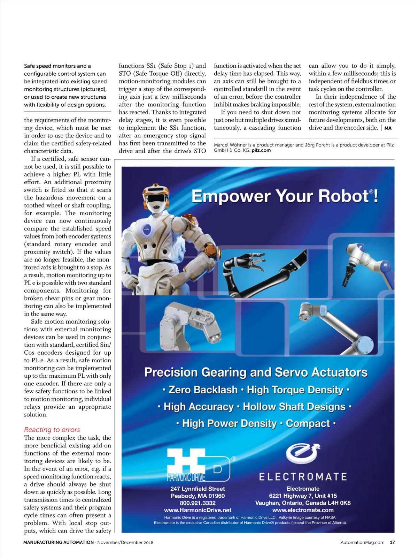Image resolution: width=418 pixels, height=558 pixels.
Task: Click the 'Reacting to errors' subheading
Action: [x=52, y=430]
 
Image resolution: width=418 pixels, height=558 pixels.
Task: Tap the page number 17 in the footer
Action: [x=392, y=542]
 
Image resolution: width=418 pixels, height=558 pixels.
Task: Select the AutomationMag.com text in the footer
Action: [x=362, y=542]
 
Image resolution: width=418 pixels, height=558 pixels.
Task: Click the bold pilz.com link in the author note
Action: [x=261, y=150]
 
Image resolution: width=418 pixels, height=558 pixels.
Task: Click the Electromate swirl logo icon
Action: [x=303, y=454]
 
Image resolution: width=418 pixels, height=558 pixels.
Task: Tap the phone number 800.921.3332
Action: [x=198, y=503]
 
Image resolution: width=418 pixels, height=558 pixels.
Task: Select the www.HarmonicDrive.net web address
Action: [x=198, y=510]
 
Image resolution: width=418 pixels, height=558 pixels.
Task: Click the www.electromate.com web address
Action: [x=303, y=510]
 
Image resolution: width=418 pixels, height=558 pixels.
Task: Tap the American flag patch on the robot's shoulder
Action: [x=194, y=220]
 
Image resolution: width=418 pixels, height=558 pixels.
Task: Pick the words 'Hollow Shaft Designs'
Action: [x=294, y=407]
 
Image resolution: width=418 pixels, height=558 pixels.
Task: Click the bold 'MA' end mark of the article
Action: [x=388, y=128]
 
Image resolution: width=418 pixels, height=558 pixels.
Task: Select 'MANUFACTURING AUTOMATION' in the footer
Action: [x=59, y=542]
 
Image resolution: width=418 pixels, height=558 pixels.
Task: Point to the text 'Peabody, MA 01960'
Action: [x=198, y=496]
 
